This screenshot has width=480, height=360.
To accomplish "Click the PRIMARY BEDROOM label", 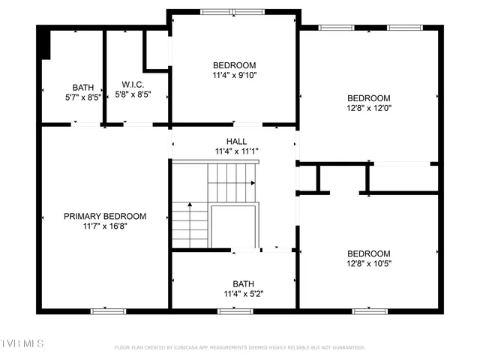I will coord(104,216).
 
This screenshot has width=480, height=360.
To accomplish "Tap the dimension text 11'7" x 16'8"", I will coord(104,226).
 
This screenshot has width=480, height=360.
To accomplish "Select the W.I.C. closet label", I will coord(133,85).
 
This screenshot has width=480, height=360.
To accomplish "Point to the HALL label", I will coord(236,141).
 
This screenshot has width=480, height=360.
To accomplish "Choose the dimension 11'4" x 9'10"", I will coord(235,75).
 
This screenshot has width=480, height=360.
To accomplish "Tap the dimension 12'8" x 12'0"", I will coord(368,108).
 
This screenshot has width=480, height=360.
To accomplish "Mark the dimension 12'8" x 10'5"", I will coord(368,263).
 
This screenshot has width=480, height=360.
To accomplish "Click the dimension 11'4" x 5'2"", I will coord(243,293).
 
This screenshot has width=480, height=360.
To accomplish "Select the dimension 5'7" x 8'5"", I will coord(83,97).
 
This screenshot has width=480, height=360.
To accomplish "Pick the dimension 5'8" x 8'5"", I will coord(133,94).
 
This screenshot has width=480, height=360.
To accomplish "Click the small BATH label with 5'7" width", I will coord(83,87).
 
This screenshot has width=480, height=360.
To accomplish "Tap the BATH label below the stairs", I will coord(243,283).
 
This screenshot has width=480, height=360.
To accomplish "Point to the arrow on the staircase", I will coord(189,205).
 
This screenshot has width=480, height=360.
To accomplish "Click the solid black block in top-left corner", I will coord(45,43).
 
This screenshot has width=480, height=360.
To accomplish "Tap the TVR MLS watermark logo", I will coord(22,343).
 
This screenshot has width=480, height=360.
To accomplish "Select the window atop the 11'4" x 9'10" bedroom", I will coord(232,12).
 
